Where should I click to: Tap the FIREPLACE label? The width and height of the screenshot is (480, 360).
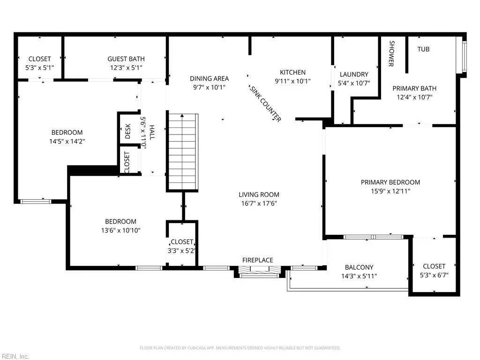coord(257,260)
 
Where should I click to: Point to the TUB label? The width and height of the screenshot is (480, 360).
coord(423,49)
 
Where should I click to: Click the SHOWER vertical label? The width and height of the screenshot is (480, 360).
coord(391,54)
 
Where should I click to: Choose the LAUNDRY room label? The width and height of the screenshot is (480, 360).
coord(354,74)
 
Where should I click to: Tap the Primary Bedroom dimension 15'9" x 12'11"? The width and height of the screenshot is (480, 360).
coord(390,191)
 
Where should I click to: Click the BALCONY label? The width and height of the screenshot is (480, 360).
coord(359,267)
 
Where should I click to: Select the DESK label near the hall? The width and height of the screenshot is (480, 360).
coord(128,132)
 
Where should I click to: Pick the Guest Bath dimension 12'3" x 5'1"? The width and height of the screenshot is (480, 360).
coord(126,67)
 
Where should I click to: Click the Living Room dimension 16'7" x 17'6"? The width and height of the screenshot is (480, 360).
coord(259,203)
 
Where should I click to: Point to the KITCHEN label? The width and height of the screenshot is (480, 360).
coord(292,72)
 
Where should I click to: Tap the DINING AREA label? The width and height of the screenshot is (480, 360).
coord(209,78)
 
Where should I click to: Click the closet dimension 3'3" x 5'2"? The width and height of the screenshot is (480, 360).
coord(182,250)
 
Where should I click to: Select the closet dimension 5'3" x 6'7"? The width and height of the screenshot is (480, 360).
coord(434,275)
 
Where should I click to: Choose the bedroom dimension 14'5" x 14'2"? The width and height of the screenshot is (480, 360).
coord(67,141)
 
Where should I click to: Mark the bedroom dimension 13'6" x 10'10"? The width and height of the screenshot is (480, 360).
coord(120,230)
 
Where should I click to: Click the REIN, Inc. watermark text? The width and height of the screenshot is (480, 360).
coord(15,356)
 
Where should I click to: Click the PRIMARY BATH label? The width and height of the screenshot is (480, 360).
coord(414,88)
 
